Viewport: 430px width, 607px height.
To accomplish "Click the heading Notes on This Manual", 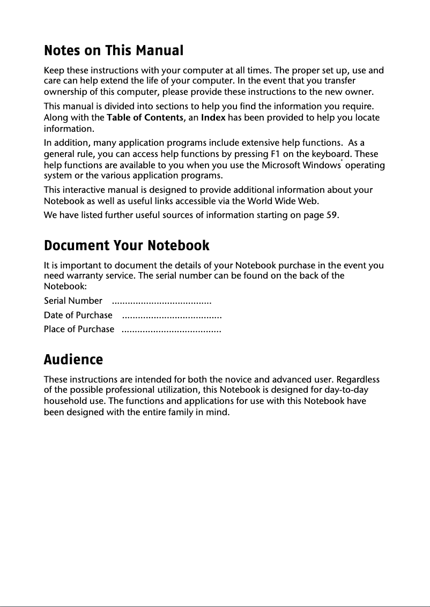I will pos(113,51).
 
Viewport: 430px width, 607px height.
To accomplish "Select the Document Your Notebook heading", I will pos(127,246).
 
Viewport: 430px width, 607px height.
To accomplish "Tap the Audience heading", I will pos(73,359).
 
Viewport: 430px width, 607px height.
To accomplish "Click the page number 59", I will pos(332,215).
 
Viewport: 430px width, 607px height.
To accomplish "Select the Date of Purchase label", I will pos(78,315).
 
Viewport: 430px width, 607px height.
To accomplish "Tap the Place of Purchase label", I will pos(79,329).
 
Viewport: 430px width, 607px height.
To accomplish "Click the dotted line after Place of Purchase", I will pos(172,329).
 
